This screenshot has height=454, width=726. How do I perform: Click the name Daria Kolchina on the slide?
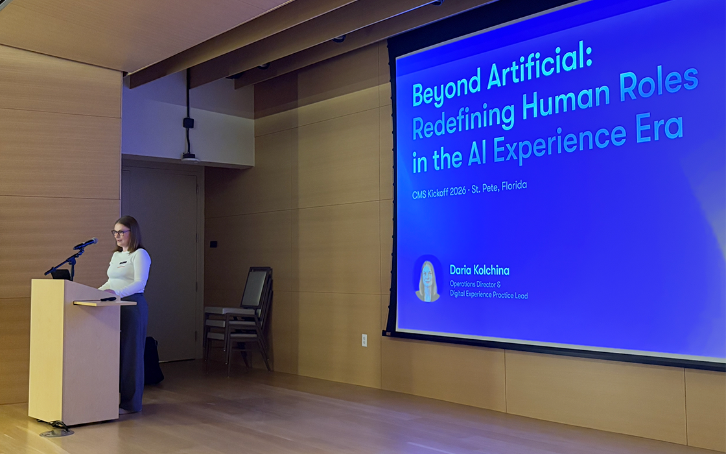pos(479,270)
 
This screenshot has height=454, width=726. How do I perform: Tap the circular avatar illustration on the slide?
pos(428,280)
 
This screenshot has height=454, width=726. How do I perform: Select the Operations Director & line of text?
pos(475,285)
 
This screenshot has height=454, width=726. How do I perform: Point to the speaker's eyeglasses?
pos(120,232)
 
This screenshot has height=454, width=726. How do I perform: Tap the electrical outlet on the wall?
pos(364,339)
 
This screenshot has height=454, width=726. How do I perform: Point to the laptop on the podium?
pos(62,274)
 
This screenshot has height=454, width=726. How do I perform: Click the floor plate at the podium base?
pos(57,430)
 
